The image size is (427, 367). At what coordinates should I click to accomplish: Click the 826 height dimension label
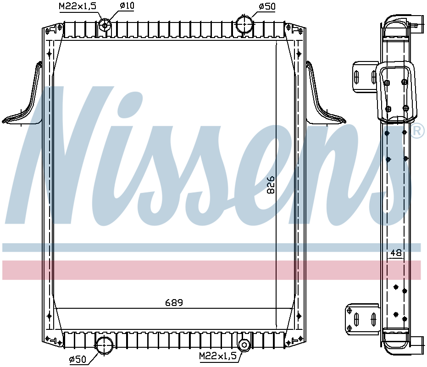pyautogui.click(x=271, y=184)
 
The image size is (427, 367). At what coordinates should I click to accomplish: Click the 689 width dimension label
pyautogui.click(x=174, y=302)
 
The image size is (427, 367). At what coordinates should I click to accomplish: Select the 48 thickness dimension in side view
pyautogui.click(x=396, y=253)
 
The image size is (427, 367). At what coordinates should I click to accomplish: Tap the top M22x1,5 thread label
pyautogui.click(x=77, y=6)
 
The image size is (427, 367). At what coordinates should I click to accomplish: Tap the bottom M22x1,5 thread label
pyautogui.click(x=217, y=356)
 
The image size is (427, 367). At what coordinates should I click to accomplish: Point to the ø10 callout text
pyautogui.click(x=126, y=6)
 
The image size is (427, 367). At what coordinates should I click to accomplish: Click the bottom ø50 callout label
pyautogui.click(x=78, y=360)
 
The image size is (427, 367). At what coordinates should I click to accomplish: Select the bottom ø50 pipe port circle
pyautogui.click(x=104, y=344)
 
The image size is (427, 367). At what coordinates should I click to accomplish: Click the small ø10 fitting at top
pyautogui.click(x=105, y=24)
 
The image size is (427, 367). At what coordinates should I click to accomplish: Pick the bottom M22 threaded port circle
pyautogui.click(x=244, y=345)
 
